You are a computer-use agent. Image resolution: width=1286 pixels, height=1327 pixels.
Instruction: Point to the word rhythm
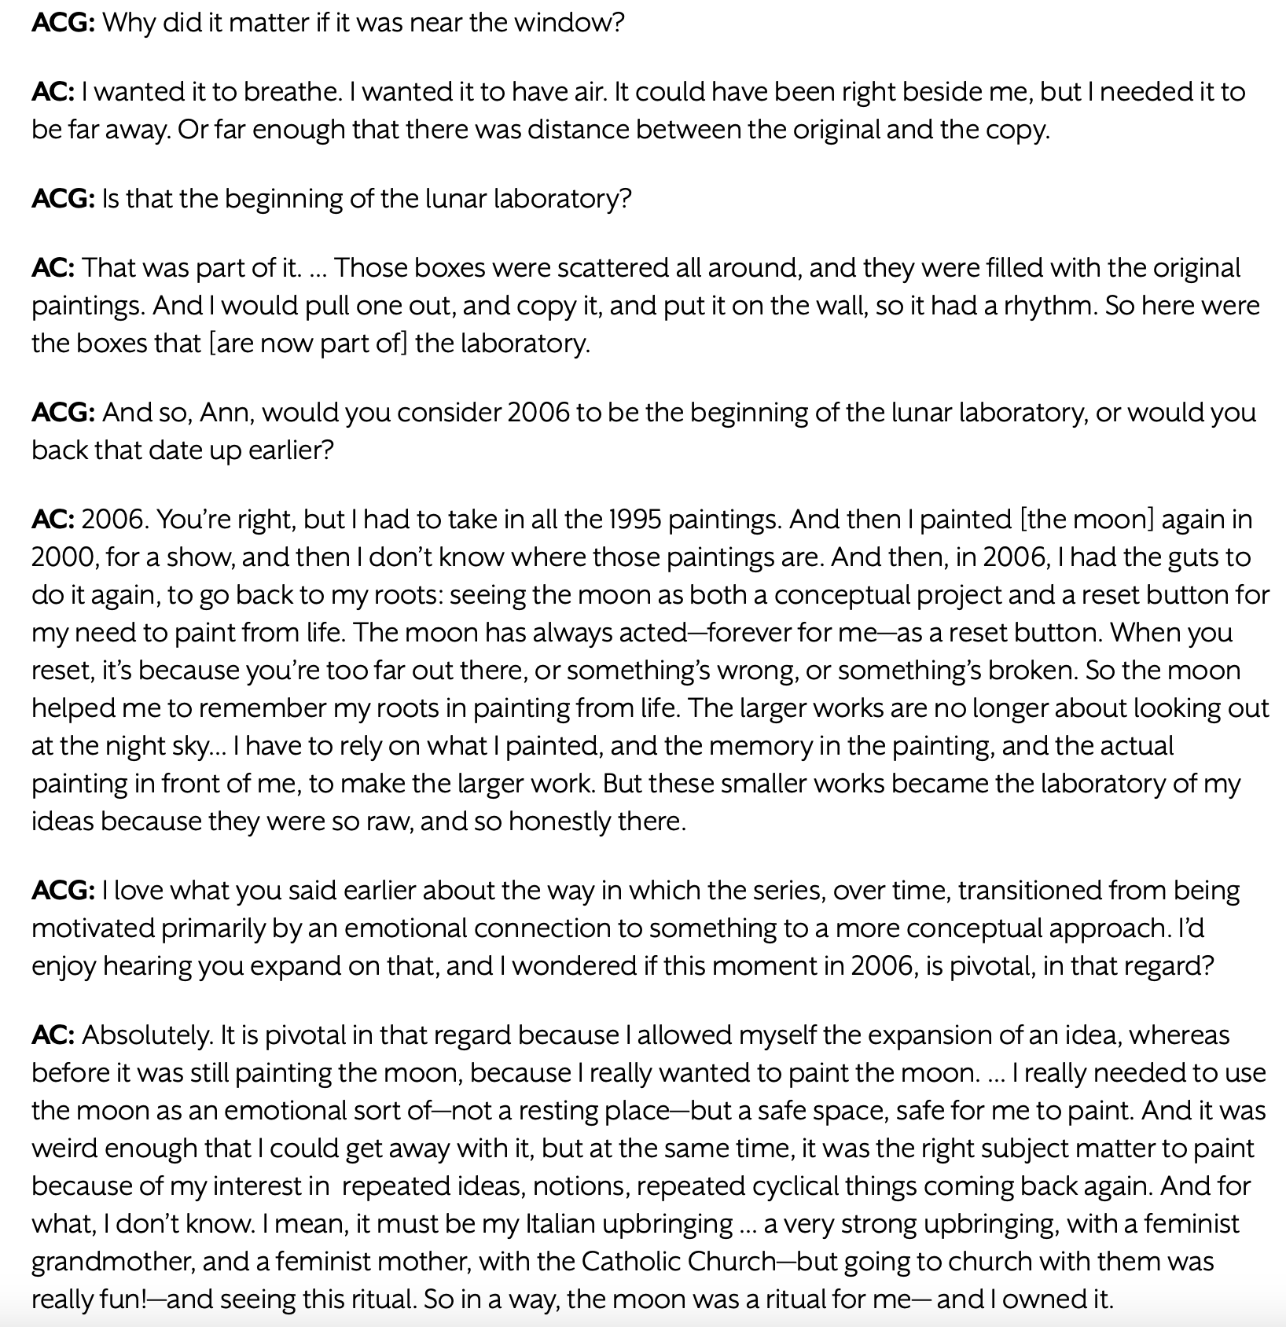tap(1049, 305)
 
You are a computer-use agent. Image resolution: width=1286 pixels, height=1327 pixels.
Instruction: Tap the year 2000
tap(64, 557)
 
